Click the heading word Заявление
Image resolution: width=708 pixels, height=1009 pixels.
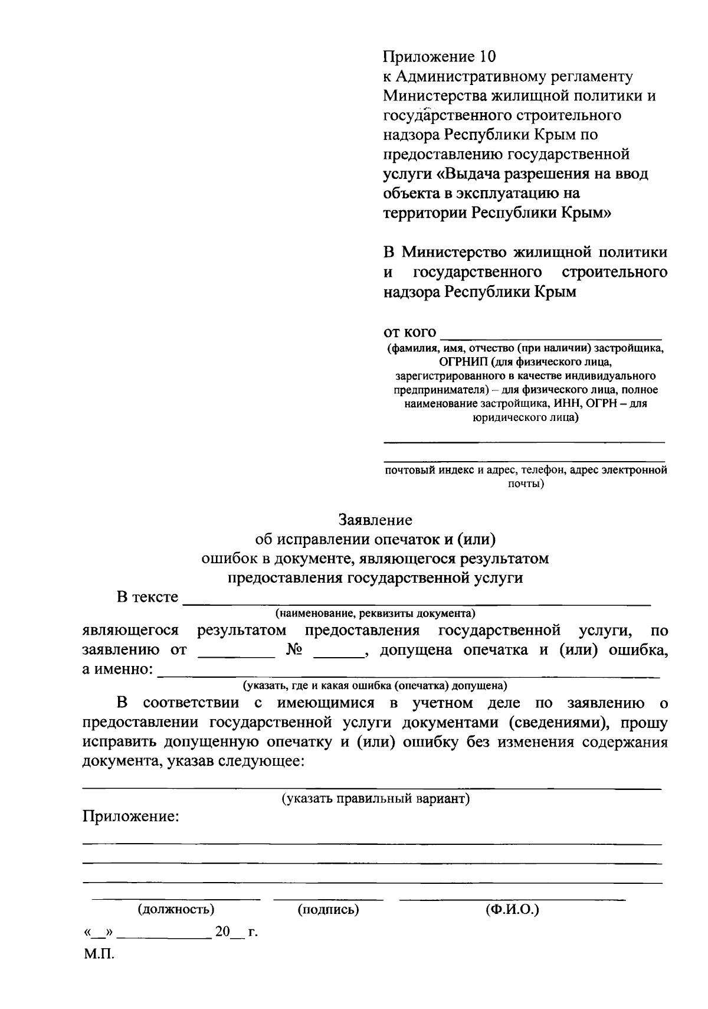375,520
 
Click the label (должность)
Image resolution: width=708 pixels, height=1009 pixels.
176,909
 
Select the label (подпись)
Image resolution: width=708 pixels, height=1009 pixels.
329,909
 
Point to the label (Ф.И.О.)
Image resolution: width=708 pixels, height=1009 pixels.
512,909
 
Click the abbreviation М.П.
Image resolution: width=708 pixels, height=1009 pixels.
99,955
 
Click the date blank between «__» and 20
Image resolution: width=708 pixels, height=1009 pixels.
167,933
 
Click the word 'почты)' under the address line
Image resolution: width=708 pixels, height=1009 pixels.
526,484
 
